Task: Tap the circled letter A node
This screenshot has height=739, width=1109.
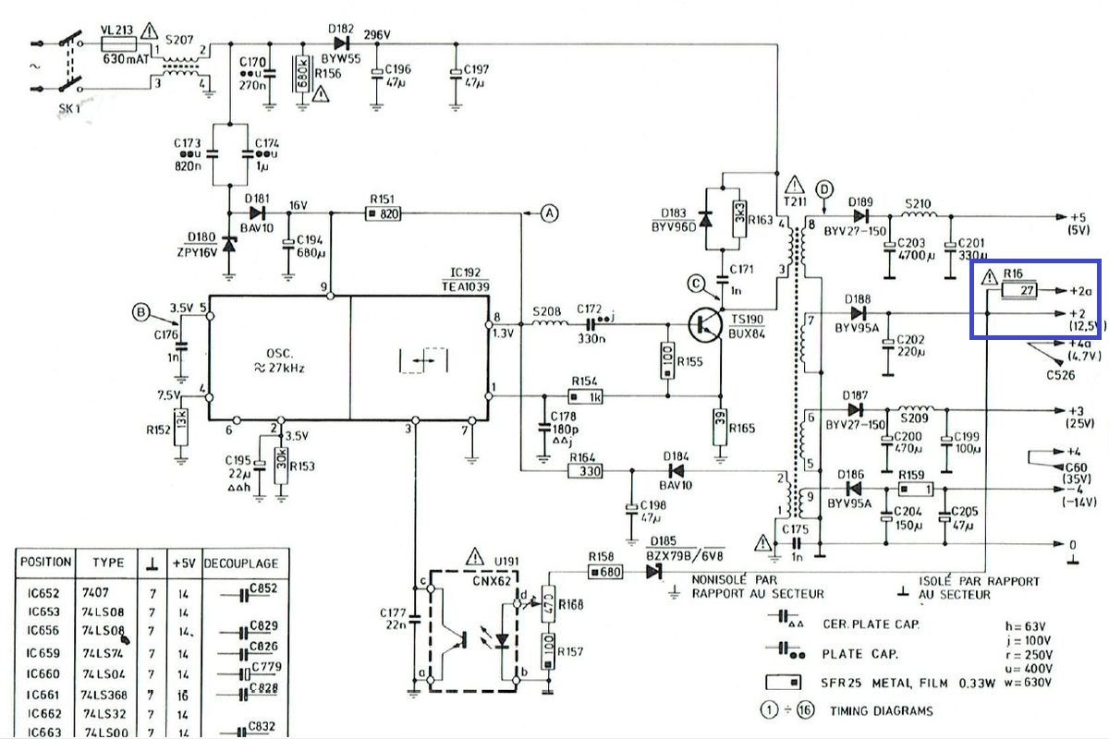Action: pyautogui.click(x=550, y=214)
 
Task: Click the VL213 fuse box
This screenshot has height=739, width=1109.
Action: pyautogui.click(x=118, y=43)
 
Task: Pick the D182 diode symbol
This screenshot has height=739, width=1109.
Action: pyautogui.click(x=343, y=42)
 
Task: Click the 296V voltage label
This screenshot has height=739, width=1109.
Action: pyautogui.click(x=377, y=35)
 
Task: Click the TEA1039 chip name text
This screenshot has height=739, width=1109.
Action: pyautogui.click(x=469, y=286)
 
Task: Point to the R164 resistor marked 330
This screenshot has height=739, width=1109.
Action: pyautogui.click(x=585, y=471)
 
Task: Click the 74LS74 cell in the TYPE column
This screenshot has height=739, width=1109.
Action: pyautogui.click(x=102, y=652)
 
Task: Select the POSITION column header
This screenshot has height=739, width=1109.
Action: pyautogui.click(x=45, y=562)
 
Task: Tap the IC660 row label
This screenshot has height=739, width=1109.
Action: pyautogui.click(x=43, y=673)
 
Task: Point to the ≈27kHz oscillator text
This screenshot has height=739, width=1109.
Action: pyautogui.click(x=280, y=367)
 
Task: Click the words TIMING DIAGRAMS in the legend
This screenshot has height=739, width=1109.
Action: pyautogui.click(x=881, y=710)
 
